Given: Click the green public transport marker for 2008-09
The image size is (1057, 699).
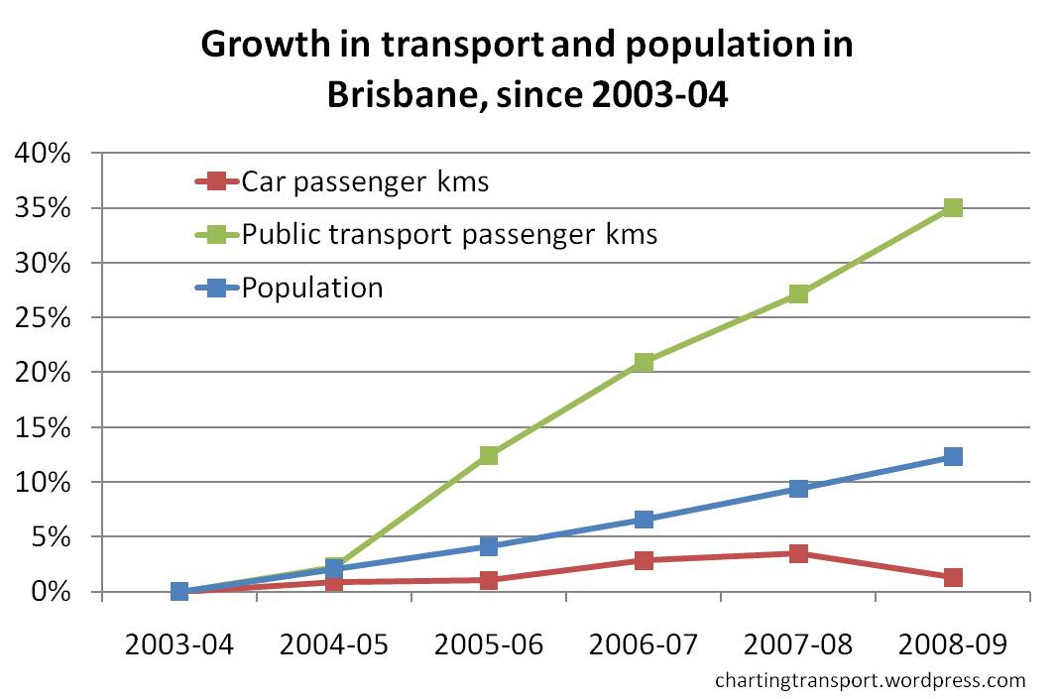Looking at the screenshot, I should [x=953, y=207].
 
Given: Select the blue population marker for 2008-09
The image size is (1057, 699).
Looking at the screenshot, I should [x=953, y=456].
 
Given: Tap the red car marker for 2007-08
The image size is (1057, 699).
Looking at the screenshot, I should [x=798, y=553].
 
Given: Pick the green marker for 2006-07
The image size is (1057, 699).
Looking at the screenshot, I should [x=644, y=362].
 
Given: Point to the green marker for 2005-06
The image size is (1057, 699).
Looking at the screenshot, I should [x=488, y=455].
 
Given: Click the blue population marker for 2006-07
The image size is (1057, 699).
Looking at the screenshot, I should [x=644, y=520].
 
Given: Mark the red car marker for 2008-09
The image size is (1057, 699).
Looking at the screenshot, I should [x=953, y=577].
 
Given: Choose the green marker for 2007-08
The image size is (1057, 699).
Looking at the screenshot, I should [x=798, y=293].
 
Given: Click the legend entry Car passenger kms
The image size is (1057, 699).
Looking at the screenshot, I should [x=365, y=181].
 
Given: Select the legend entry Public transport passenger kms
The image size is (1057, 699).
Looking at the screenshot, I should [x=449, y=235].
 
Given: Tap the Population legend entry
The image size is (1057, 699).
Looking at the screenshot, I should [x=312, y=288].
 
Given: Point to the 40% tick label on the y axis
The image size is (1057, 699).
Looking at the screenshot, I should [x=43, y=154].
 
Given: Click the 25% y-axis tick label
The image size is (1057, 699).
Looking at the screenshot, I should [x=43, y=318].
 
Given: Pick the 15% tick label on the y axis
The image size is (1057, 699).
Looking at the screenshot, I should [x=43, y=428].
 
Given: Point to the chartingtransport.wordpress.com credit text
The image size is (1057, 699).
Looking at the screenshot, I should [x=870, y=680].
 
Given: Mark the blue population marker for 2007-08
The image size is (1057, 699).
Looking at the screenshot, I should [x=798, y=488].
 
